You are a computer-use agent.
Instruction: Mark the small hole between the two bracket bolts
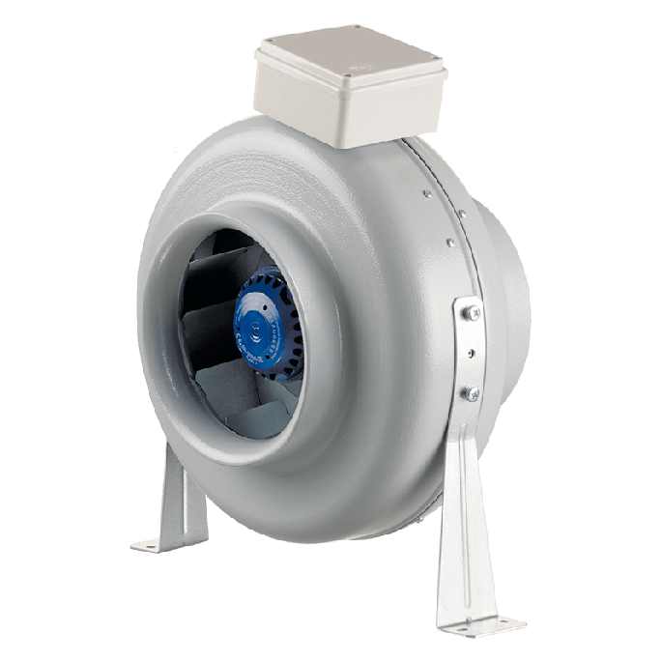(473, 353)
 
